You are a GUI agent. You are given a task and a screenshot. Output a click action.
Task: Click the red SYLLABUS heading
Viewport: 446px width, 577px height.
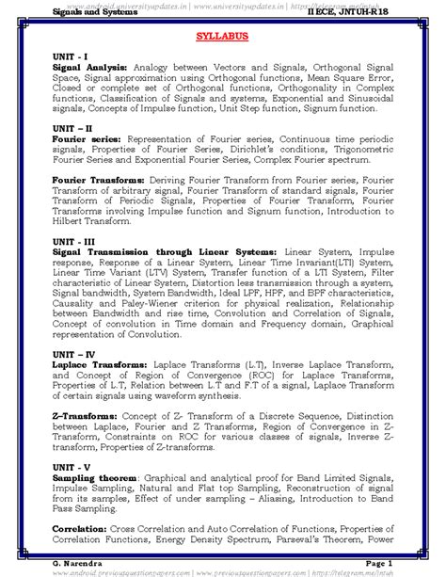click(222, 42)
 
